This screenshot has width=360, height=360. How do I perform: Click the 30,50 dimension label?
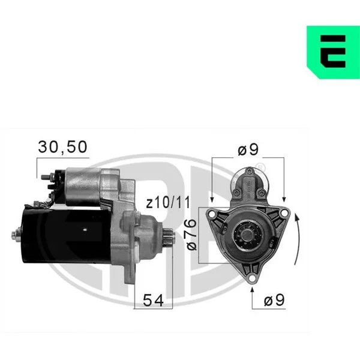tap(62, 147)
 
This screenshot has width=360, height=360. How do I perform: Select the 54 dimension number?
tap(153, 300)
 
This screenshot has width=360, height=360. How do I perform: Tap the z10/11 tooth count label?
tap(169, 203)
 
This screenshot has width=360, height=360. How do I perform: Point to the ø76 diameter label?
tap(192, 235)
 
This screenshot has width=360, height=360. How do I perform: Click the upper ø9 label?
tap(248, 149)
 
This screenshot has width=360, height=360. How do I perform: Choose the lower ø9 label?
tap(274, 299)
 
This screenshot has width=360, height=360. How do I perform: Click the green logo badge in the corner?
tap(334, 52)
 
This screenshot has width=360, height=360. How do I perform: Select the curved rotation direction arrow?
tap(298, 239)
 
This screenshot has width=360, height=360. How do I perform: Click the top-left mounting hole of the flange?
tap(212, 214)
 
